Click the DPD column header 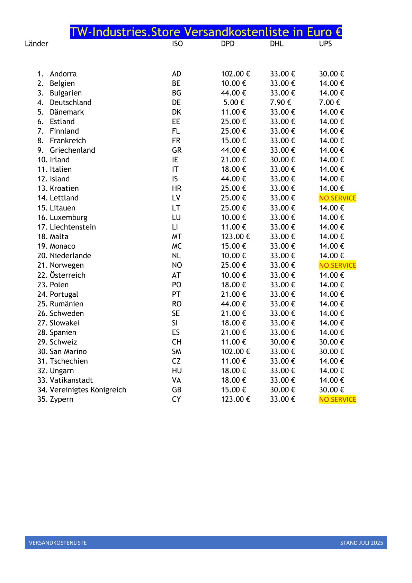pos(227,44)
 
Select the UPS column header pos(325,44)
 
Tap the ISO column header pos(177,44)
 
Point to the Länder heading pos(36,44)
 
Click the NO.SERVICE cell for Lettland pos(337,198)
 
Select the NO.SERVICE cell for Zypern pos(337,400)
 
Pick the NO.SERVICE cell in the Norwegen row pos(337,266)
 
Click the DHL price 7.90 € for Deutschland pos(280,102)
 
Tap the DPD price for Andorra pos(235,74)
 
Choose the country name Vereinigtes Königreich pos(88,390)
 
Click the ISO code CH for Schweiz pos(177,342)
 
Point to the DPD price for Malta pos(235,237)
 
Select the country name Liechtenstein pos(73,227)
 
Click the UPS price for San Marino pos(331,352)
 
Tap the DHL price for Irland pos(283,160)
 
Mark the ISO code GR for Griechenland pos(177,150)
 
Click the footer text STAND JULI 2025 pos(361,543)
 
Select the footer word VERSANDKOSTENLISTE pos(58,543)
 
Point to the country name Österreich pos(68,275)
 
